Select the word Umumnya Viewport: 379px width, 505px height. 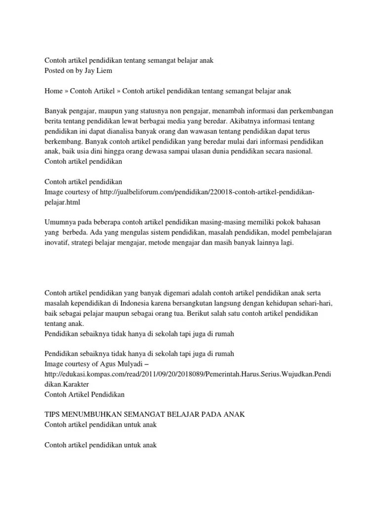pyautogui.click(x=60, y=222)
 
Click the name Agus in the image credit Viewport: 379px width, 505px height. pyautogui.click(x=98, y=364)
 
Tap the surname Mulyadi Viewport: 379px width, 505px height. pyautogui.click(x=122, y=364)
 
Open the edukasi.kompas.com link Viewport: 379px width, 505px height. pyautogui.click(x=188, y=374)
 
